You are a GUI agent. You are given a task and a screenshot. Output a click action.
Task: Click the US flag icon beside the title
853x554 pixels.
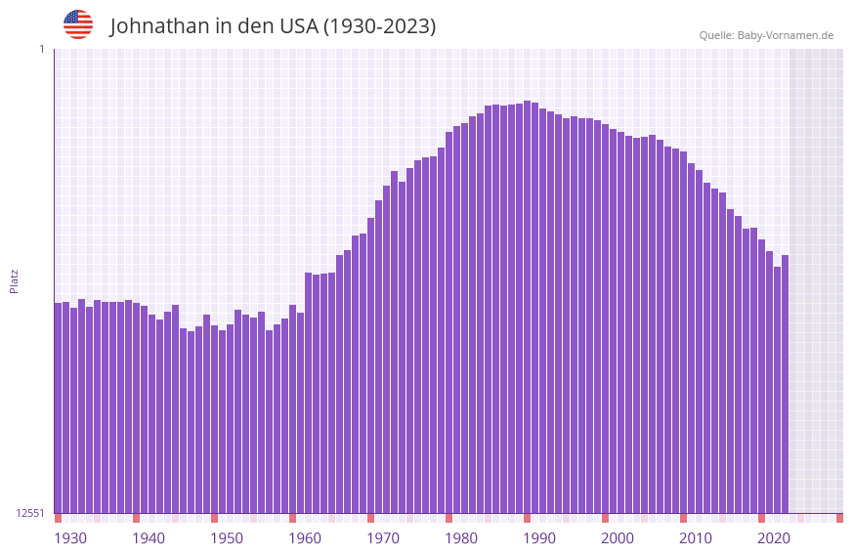coord(78,24)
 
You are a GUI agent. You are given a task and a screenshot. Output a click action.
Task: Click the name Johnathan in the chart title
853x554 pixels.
coord(160,26)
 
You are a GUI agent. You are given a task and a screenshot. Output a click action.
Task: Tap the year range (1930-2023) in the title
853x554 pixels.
coord(379,26)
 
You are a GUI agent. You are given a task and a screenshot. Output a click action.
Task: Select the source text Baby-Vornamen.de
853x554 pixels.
coord(786,35)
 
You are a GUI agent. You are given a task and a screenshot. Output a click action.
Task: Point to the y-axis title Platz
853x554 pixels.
coord(14,280)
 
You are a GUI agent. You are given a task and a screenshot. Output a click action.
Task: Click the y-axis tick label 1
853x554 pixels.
coord(41,49)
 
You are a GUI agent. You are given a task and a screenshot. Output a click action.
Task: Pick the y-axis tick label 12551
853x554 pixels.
coord(29,513)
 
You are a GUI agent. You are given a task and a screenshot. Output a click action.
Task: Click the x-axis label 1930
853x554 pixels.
coord(70,538)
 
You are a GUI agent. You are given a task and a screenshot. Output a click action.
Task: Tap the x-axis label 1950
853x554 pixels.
coord(227,538)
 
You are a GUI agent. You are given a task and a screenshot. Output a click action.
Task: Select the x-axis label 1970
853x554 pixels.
coord(383,538)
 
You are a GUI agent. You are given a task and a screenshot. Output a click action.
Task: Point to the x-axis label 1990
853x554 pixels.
coord(539,538)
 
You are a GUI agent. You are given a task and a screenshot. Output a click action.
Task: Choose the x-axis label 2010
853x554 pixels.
coord(696,538)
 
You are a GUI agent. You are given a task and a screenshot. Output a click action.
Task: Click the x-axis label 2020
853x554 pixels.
coord(774,538)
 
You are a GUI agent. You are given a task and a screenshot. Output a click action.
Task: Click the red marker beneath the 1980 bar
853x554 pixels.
coord(448,518)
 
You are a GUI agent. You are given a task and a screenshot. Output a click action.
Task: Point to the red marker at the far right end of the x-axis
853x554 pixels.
coord(839,518)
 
